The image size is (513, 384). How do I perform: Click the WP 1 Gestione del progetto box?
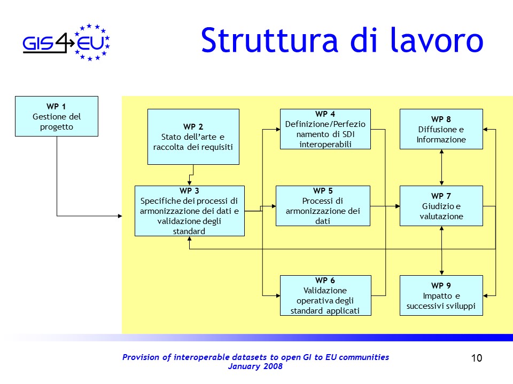tap(57, 116)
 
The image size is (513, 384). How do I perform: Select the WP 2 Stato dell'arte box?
tap(193, 137)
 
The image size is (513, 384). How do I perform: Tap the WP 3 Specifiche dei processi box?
tap(190, 211)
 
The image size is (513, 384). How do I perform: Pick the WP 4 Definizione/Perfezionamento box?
tap(325, 129)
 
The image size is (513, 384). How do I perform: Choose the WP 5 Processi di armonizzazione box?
tap(323, 206)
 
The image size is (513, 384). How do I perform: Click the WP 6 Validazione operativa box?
tap(325, 295)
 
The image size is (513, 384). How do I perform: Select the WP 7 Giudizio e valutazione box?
tap(441, 206)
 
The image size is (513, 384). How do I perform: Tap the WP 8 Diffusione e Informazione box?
tap(441, 129)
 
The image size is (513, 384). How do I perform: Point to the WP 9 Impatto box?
tap(441, 295)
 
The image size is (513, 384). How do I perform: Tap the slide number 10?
tap(477, 358)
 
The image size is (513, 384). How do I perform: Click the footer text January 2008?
tap(255, 366)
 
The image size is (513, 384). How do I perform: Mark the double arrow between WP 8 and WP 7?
tap(441, 167)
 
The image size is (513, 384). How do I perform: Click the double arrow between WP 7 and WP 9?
tap(441, 250)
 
